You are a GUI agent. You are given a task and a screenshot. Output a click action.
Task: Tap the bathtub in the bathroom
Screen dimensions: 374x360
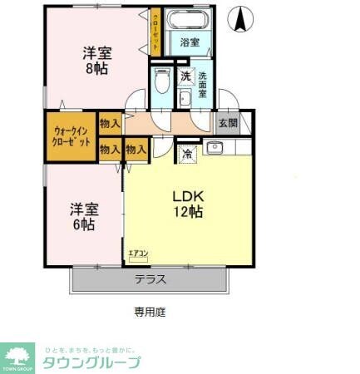tap(189, 21)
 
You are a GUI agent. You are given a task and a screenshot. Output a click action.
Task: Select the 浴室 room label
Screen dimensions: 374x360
tap(189, 42)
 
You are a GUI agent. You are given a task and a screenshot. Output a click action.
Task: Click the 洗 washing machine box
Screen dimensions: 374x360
tap(186, 76)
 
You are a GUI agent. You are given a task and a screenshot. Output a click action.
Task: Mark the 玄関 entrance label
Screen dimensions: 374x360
tap(227, 122)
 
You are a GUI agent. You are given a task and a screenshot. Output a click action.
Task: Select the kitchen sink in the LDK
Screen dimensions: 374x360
tap(214, 149)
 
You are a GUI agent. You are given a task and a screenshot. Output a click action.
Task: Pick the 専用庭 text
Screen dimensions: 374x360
tap(151, 312)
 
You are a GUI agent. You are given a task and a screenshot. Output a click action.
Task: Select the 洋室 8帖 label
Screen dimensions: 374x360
tap(97, 60)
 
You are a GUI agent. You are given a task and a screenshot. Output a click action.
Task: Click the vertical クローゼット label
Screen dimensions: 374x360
tap(155, 30)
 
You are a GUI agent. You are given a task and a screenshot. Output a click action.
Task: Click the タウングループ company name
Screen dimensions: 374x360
tap(91, 362)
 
